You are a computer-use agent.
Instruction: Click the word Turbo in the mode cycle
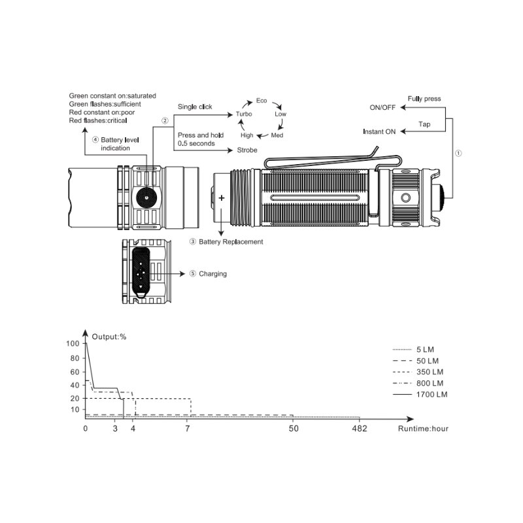[244, 114]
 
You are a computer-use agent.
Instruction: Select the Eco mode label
[261, 101]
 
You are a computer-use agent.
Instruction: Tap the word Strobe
[247, 150]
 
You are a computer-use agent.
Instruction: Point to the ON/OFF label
[382, 107]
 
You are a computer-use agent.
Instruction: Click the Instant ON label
[379, 131]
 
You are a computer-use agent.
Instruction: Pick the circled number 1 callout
[458, 153]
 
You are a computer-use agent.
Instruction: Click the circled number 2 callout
[165, 120]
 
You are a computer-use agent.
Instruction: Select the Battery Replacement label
[231, 242]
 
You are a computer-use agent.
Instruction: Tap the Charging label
[213, 274]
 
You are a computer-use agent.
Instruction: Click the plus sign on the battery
[222, 198]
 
